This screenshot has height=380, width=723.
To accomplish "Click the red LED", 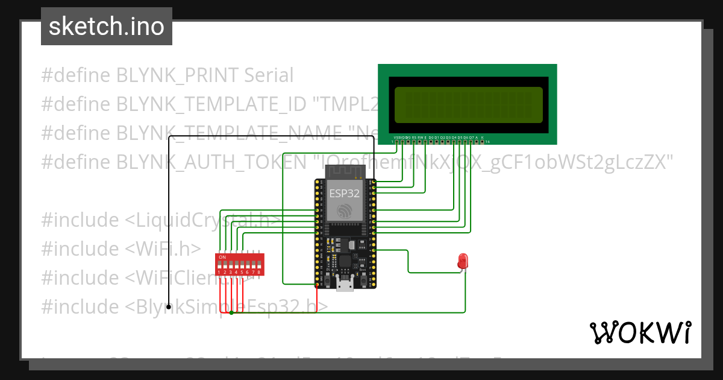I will [x=463, y=261].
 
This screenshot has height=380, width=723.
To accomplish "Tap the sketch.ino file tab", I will [x=107, y=27].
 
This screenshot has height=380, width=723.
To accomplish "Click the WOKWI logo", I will [x=640, y=332].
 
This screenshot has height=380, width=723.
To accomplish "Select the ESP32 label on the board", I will [x=345, y=194].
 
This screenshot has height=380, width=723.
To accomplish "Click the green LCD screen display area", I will [x=469, y=104].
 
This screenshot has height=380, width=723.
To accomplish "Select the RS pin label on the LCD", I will [x=414, y=138].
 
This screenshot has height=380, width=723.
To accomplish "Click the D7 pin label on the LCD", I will [x=471, y=138].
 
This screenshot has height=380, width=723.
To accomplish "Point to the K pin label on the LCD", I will [x=483, y=138].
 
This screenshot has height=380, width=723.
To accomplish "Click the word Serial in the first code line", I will [x=269, y=75].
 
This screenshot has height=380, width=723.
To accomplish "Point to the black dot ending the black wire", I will [x=169, y=307].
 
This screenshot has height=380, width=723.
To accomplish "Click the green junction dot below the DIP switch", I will [x=231, y=312].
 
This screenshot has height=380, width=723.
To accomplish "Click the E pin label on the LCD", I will [x=425, y=138].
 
